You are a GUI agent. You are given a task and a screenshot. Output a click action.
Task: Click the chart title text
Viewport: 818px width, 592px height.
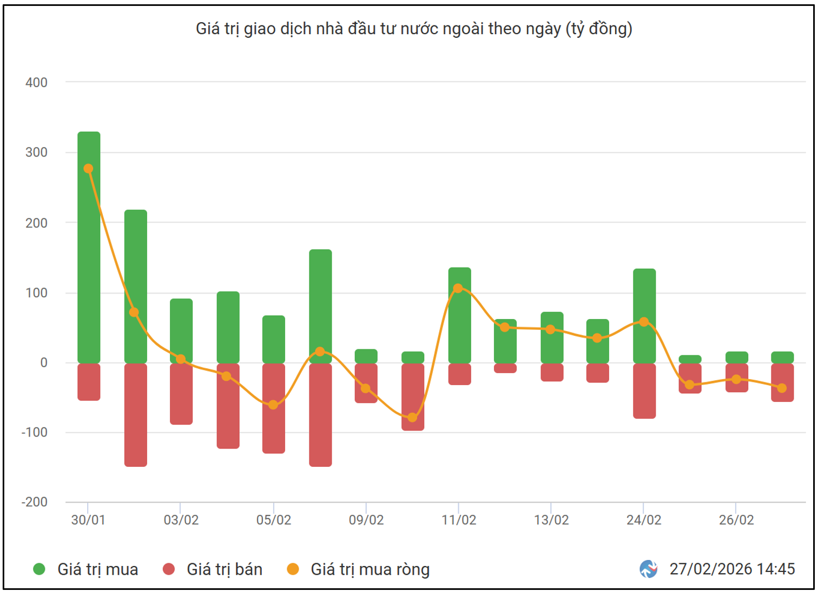[414, 28]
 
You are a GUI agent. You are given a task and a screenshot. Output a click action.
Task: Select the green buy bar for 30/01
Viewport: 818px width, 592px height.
[89, 246]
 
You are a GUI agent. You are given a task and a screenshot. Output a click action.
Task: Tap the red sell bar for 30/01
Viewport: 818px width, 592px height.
[89, 382]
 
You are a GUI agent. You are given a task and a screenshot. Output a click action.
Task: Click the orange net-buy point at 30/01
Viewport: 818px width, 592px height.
[89, 169]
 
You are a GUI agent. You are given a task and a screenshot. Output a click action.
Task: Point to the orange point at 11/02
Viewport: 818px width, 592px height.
[458, 288]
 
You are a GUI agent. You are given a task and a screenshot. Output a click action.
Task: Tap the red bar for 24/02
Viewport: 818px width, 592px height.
[644, 391]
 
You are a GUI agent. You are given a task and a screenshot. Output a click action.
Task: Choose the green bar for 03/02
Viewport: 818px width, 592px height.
[181, 330]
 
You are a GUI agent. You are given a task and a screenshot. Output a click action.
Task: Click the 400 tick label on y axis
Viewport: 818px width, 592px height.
[36, 82]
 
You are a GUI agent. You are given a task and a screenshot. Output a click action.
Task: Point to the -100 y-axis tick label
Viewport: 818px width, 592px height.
[35, 432]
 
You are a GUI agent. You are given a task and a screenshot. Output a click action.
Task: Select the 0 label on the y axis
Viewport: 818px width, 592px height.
[44, 362]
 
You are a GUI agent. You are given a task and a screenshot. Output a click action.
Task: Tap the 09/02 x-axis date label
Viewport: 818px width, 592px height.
[366, 520]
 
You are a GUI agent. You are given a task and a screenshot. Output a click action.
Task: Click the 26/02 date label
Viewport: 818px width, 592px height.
[736, 520]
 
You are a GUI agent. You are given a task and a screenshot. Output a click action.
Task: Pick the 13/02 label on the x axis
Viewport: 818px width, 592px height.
[551, 520]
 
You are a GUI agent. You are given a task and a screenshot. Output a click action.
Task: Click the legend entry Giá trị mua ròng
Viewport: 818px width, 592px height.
[370, 569]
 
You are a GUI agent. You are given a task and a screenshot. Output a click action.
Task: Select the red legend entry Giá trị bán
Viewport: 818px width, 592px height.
[224, 569]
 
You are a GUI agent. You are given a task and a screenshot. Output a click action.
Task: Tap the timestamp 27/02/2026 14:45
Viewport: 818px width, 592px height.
[732, 569]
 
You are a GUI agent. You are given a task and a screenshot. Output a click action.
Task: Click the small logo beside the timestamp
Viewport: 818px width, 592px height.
[648, 569]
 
